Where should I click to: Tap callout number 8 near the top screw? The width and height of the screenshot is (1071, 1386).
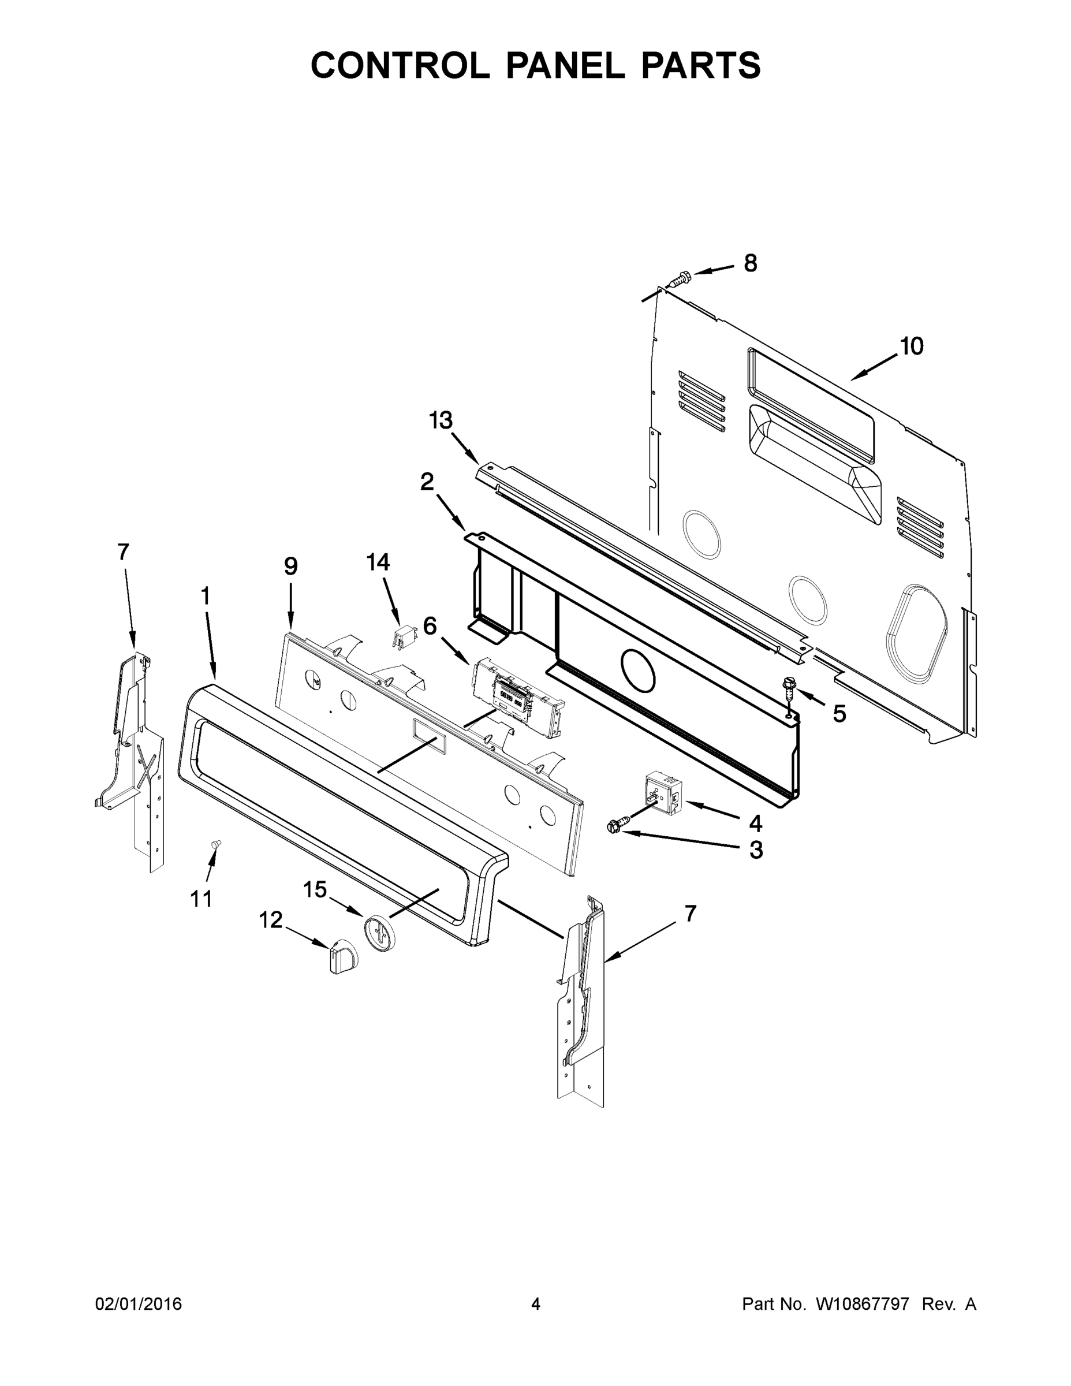tap(751, 263)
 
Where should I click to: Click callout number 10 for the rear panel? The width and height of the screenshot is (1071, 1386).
tap(912, 346)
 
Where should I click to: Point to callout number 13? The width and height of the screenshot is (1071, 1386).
tap(441, 420)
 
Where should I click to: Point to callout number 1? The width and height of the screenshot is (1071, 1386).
tap(205, 596)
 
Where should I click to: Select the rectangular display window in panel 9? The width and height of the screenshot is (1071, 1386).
tap(429, 736)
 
